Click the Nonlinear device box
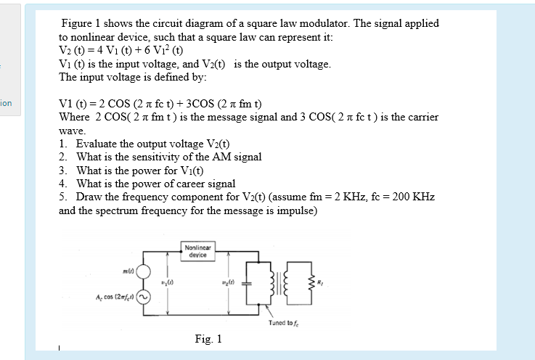coord(197,251)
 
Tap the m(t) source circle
coord(144,272)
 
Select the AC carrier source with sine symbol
coord(144,296)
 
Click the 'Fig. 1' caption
coord(208,339)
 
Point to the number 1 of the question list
coord(63,144)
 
